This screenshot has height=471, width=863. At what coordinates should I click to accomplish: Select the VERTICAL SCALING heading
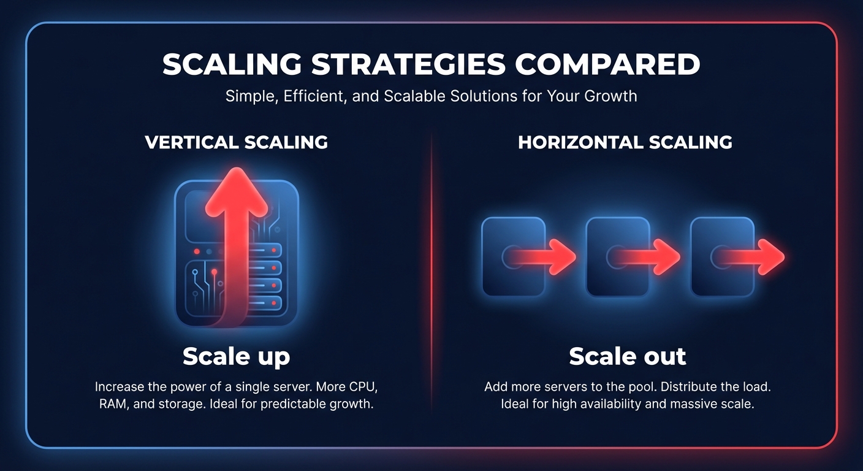[x=236, y=142]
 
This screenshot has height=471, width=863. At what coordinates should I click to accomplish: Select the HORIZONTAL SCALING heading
[x=625, y=142]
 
